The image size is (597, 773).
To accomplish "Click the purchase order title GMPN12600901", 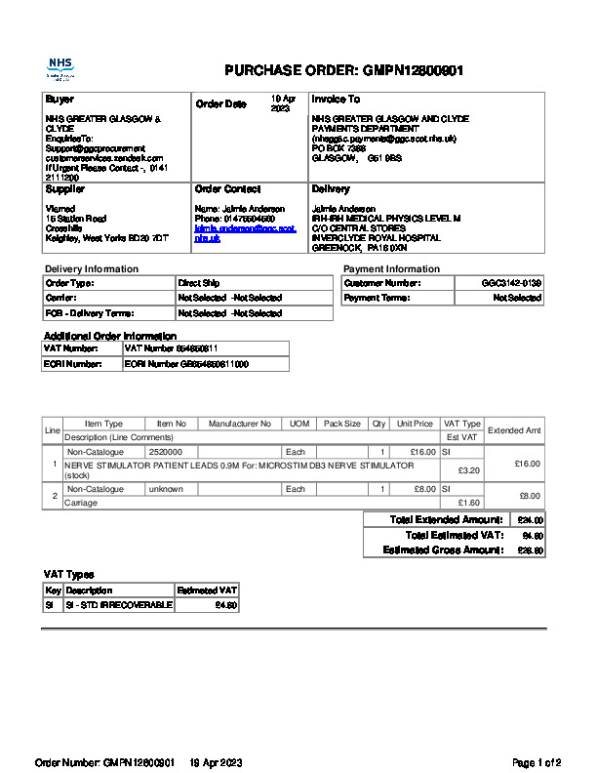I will (343, 70).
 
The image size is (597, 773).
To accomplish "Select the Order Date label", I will (221, 104).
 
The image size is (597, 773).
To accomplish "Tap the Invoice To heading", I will (336, 100).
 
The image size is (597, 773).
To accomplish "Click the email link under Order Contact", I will (244, 233).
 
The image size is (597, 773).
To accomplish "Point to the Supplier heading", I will (65, 189).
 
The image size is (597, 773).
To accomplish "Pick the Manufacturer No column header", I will (240, 425).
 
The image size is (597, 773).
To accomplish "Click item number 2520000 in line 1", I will (165, 453).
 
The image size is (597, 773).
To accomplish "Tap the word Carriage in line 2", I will (81, 503).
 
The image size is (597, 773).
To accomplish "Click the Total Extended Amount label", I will (446, 520).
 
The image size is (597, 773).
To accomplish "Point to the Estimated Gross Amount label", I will (443, 551).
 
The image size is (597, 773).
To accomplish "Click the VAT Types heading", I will (69, 575).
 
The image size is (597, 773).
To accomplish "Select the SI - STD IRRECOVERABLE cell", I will (118, 605).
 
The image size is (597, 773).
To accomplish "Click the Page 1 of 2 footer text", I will (537, 762).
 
